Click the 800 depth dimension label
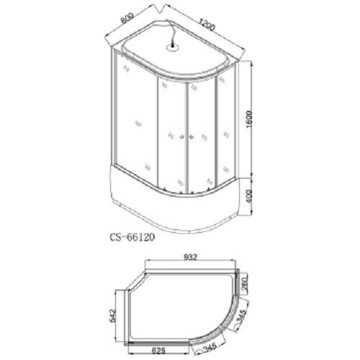click(x=127, y=18)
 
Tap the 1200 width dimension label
click(x=206, y=24)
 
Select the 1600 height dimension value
click(x=250, y=120)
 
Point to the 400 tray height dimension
click(x=249, y=197)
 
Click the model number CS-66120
click(x=132, y=237)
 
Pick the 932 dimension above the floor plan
click(x=190, y=257)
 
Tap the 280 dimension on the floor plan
click(x=244, y=284)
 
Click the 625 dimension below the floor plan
click(x=158, y=351)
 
